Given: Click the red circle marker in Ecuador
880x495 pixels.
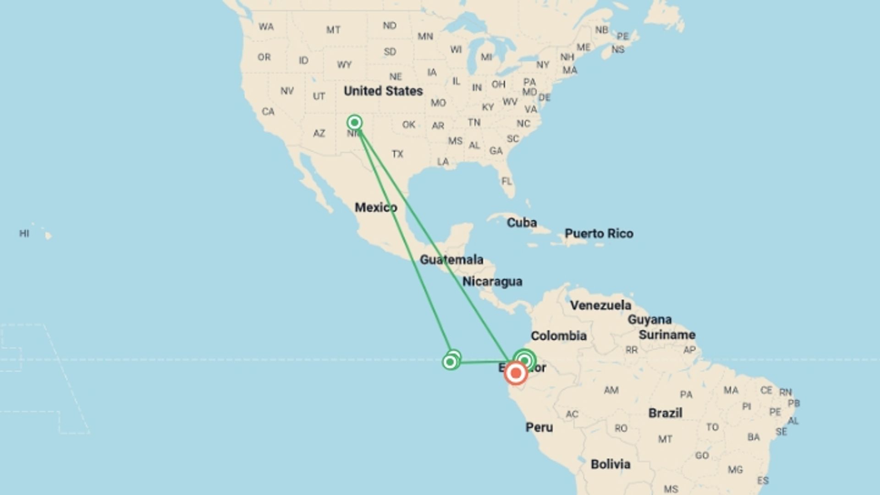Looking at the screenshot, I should click(x=516, y=374).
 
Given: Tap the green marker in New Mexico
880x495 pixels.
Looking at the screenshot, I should click(x=354, y=122).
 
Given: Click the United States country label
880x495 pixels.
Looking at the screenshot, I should click(x=383, y=91).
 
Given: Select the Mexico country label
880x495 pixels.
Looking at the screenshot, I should click(x=376, y=207).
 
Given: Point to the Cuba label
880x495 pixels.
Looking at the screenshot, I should click(x=522, y=223).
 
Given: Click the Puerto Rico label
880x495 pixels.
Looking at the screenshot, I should click(x=599, y=233).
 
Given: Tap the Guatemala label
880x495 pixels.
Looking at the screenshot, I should click(x=451, y=260).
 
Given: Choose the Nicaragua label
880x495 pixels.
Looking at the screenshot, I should click(x=492, y=281).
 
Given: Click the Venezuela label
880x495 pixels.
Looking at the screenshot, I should click(x=600, y=305).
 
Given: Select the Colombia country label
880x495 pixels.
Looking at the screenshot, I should click(x=559, y=336).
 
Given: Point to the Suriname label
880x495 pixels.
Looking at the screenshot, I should click(x=667, y=335).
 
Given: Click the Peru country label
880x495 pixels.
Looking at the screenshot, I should click(x=539, y=427).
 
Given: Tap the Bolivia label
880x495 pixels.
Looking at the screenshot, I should click(x=610, y=464).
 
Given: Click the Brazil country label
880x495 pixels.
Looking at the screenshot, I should click(x=665, y=413).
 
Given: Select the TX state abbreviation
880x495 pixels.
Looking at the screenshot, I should click(x=397, y=154).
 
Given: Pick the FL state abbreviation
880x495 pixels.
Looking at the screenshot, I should click(x=506, y=181).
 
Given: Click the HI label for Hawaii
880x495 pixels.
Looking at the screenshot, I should click(x=24, y=233).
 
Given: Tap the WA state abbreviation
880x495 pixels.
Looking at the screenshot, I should click(x=266, y=27).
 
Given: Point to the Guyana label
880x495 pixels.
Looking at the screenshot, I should click(x=649, y=319).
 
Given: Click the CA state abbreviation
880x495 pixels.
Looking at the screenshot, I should click(x=268, y=111).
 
